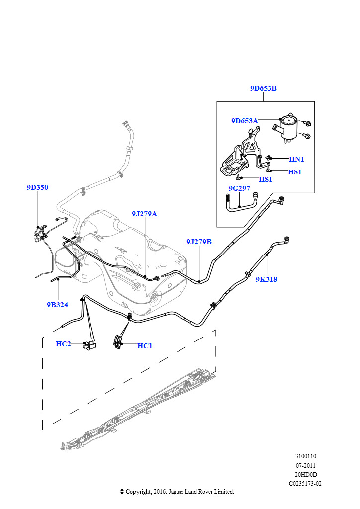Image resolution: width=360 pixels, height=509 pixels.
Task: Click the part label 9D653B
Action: [263, 88]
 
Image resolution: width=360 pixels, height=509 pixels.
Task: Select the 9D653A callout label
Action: [245, 121]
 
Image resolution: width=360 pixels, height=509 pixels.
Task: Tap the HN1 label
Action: [296, 159]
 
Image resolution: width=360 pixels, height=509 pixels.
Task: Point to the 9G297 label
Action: [239, 188]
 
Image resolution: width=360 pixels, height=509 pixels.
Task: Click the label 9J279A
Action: [145, 214]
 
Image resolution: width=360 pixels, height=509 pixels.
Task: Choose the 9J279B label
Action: [199, 242]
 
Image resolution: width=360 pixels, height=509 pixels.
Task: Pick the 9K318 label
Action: [267, 279]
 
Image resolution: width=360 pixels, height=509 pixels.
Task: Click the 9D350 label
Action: [37, 187]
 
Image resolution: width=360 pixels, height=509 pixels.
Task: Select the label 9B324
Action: [58, 305]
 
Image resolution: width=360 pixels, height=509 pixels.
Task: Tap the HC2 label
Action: [63, 344]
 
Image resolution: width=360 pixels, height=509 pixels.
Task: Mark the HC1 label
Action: [145, 346]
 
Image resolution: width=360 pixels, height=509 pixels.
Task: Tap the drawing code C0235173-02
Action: [305, 484]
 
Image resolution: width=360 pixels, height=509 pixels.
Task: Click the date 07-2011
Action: [305, 465]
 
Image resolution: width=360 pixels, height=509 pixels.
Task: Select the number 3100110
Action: [305, 456]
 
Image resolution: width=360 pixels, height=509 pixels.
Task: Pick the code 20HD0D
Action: [305, 475]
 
